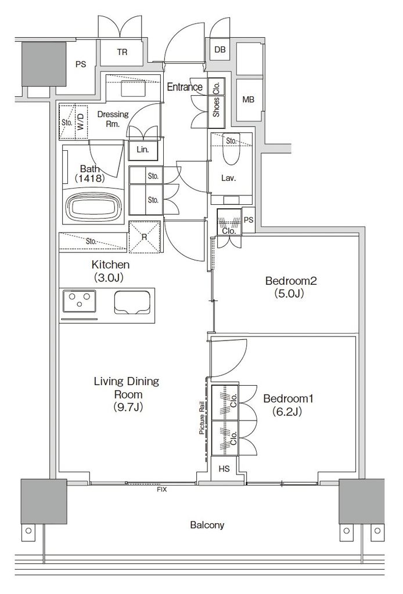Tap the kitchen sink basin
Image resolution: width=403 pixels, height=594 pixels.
click(x=133, y=302)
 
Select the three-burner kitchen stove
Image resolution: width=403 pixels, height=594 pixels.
click(x=79, y=301)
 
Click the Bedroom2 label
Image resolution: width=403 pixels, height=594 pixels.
click(x=291, y=287)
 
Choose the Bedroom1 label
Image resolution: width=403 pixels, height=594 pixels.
click(x=288, y=404)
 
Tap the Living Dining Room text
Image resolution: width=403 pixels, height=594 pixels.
click(x=127, y=394)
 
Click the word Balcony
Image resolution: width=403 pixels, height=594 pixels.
click(x=207, y=525)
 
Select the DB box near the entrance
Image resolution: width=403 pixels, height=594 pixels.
click(x=220, y=49)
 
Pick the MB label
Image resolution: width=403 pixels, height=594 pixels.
click(x=249, y=100)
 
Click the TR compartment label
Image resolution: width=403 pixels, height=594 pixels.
click(x=122, y=52)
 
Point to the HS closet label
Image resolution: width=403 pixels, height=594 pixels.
click(x=224, y=469)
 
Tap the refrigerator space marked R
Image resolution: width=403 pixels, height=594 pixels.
click(x=144, y=237)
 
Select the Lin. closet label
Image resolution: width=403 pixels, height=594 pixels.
click(x=142, y=149)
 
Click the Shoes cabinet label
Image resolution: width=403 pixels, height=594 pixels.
click(x=217, y=107)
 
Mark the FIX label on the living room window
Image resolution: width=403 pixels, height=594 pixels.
click(x=162, y=490)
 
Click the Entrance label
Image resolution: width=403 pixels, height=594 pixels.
click(x=185, y=87)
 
